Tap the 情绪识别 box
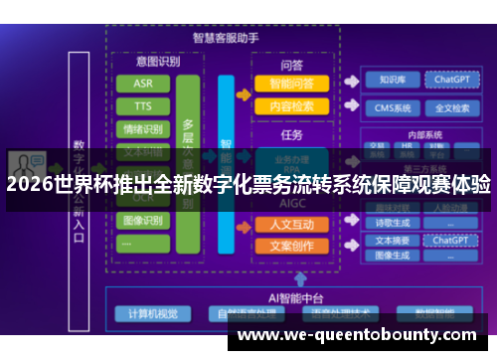pos(142,128)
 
